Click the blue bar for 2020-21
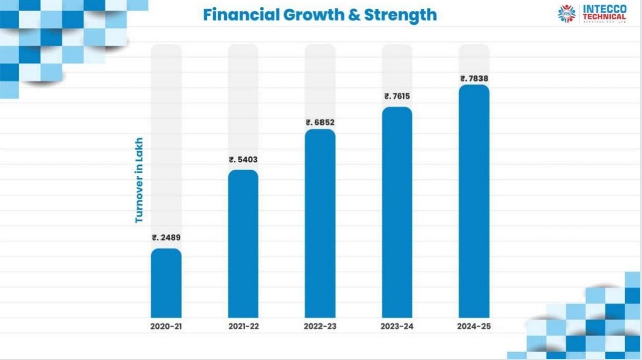(166, 283)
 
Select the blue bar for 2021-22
(243, 244)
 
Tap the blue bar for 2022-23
(320, 224)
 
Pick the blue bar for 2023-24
(397, 213)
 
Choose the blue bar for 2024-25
(474, 202)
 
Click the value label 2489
(166, 238)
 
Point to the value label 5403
(243, 160)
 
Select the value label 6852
(320, 122)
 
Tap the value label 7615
(397, 96)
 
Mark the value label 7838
(474, 78)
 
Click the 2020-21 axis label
(166, 326)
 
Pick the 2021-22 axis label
(243, 326)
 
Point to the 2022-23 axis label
(320, 326)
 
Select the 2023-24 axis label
(397, 326)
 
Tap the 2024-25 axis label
(474, 326)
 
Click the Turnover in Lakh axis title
(139, 180)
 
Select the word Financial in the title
(241, 15)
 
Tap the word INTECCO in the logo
(604, 9)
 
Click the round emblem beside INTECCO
(567, 14)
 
